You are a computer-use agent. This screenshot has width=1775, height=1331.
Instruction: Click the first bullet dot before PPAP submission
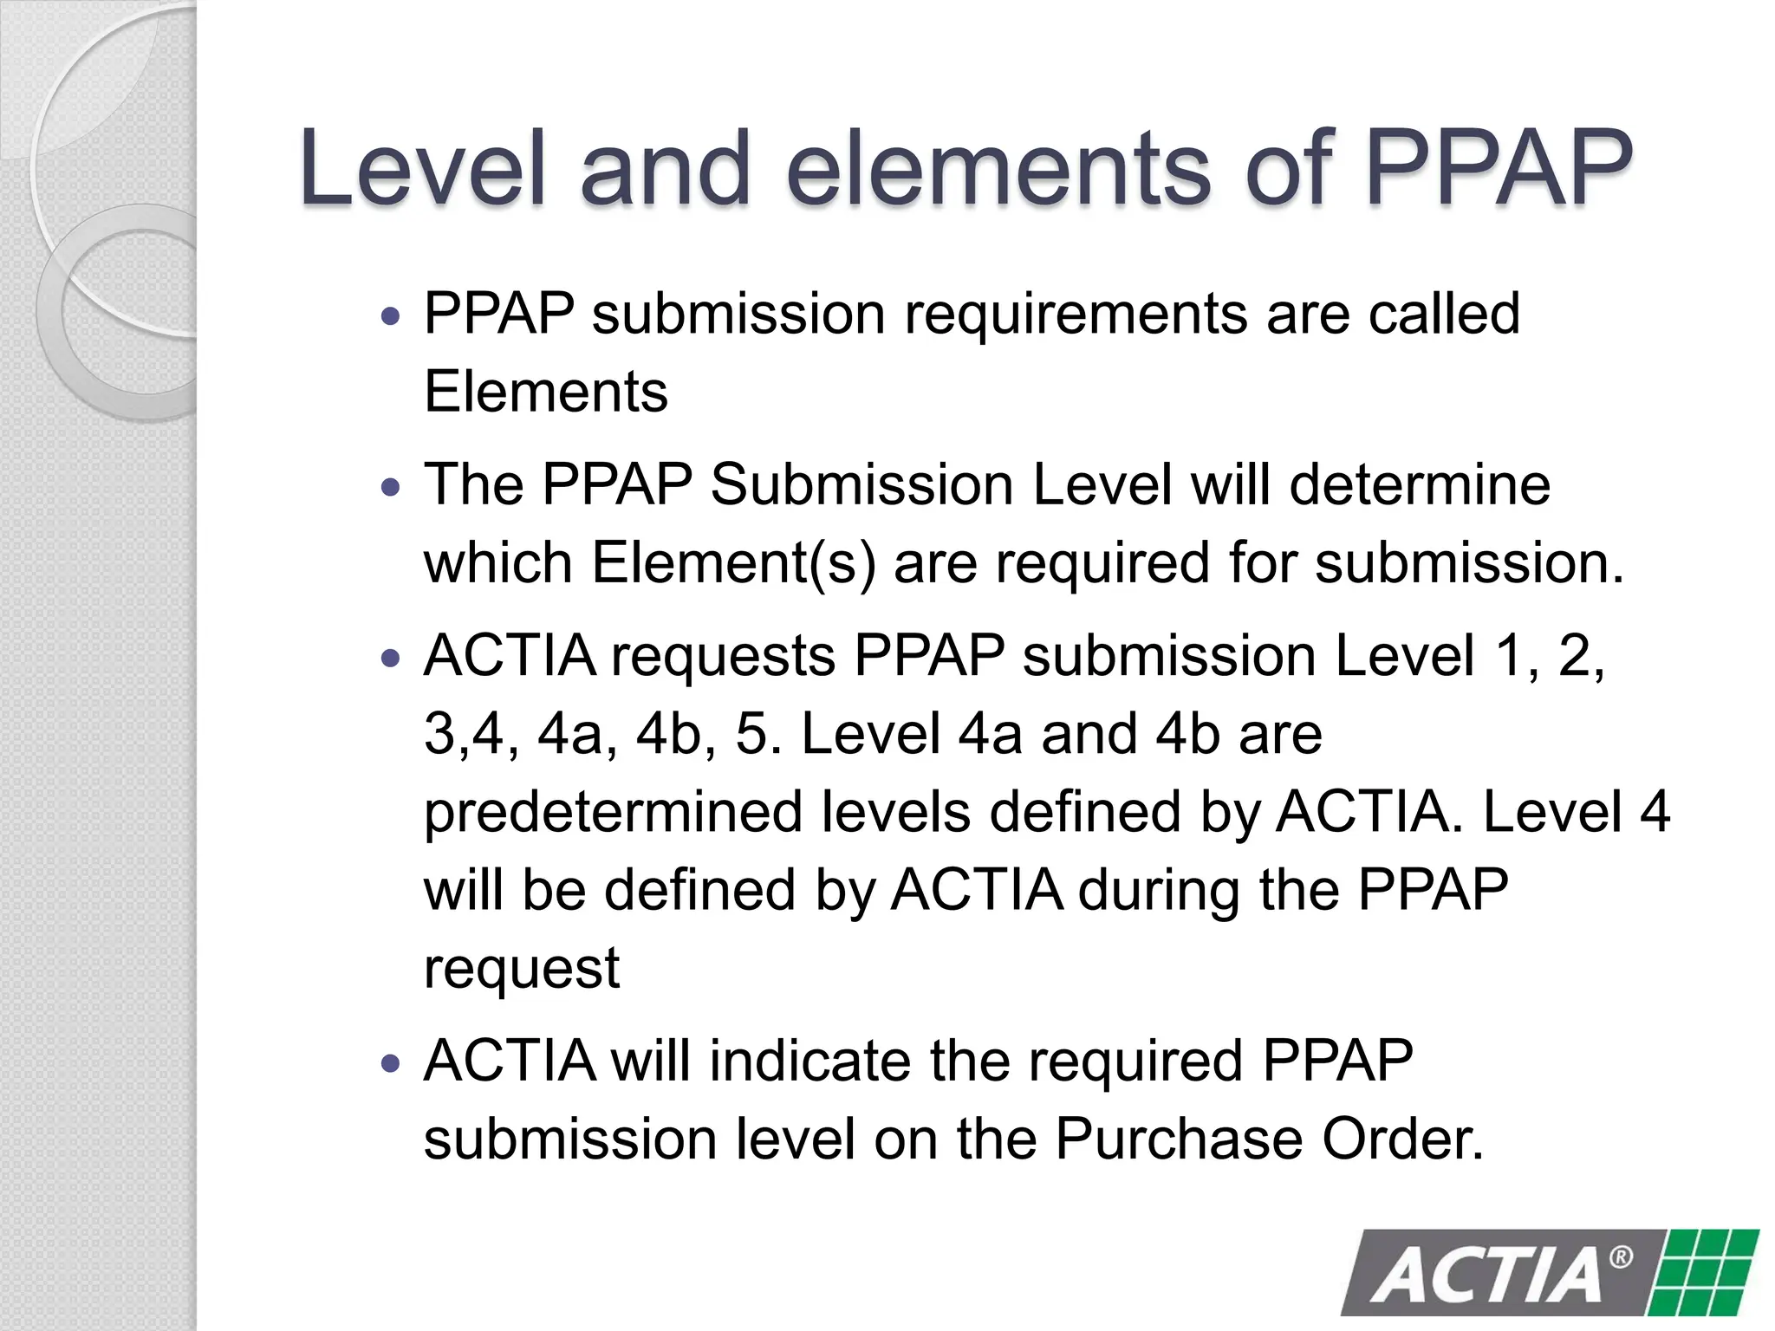(x=392, y=315)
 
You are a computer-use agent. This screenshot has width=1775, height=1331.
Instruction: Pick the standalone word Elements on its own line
(x=546, y=392)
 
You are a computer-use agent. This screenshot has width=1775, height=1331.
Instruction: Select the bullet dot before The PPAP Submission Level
(x=392, y=487)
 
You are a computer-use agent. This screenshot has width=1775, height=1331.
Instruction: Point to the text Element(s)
(x=733, y=563)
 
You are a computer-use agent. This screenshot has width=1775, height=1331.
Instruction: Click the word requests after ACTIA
(x=723, y=657)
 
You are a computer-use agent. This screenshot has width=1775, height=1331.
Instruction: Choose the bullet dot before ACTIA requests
(x=392, y=659)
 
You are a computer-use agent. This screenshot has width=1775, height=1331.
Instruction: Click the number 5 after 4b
(x=752, y=734)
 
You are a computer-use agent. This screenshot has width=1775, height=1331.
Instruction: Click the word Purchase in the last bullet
(x=1179, y=1139)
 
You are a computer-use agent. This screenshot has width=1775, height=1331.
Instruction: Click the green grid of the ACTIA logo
(x=1706, y=1272)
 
